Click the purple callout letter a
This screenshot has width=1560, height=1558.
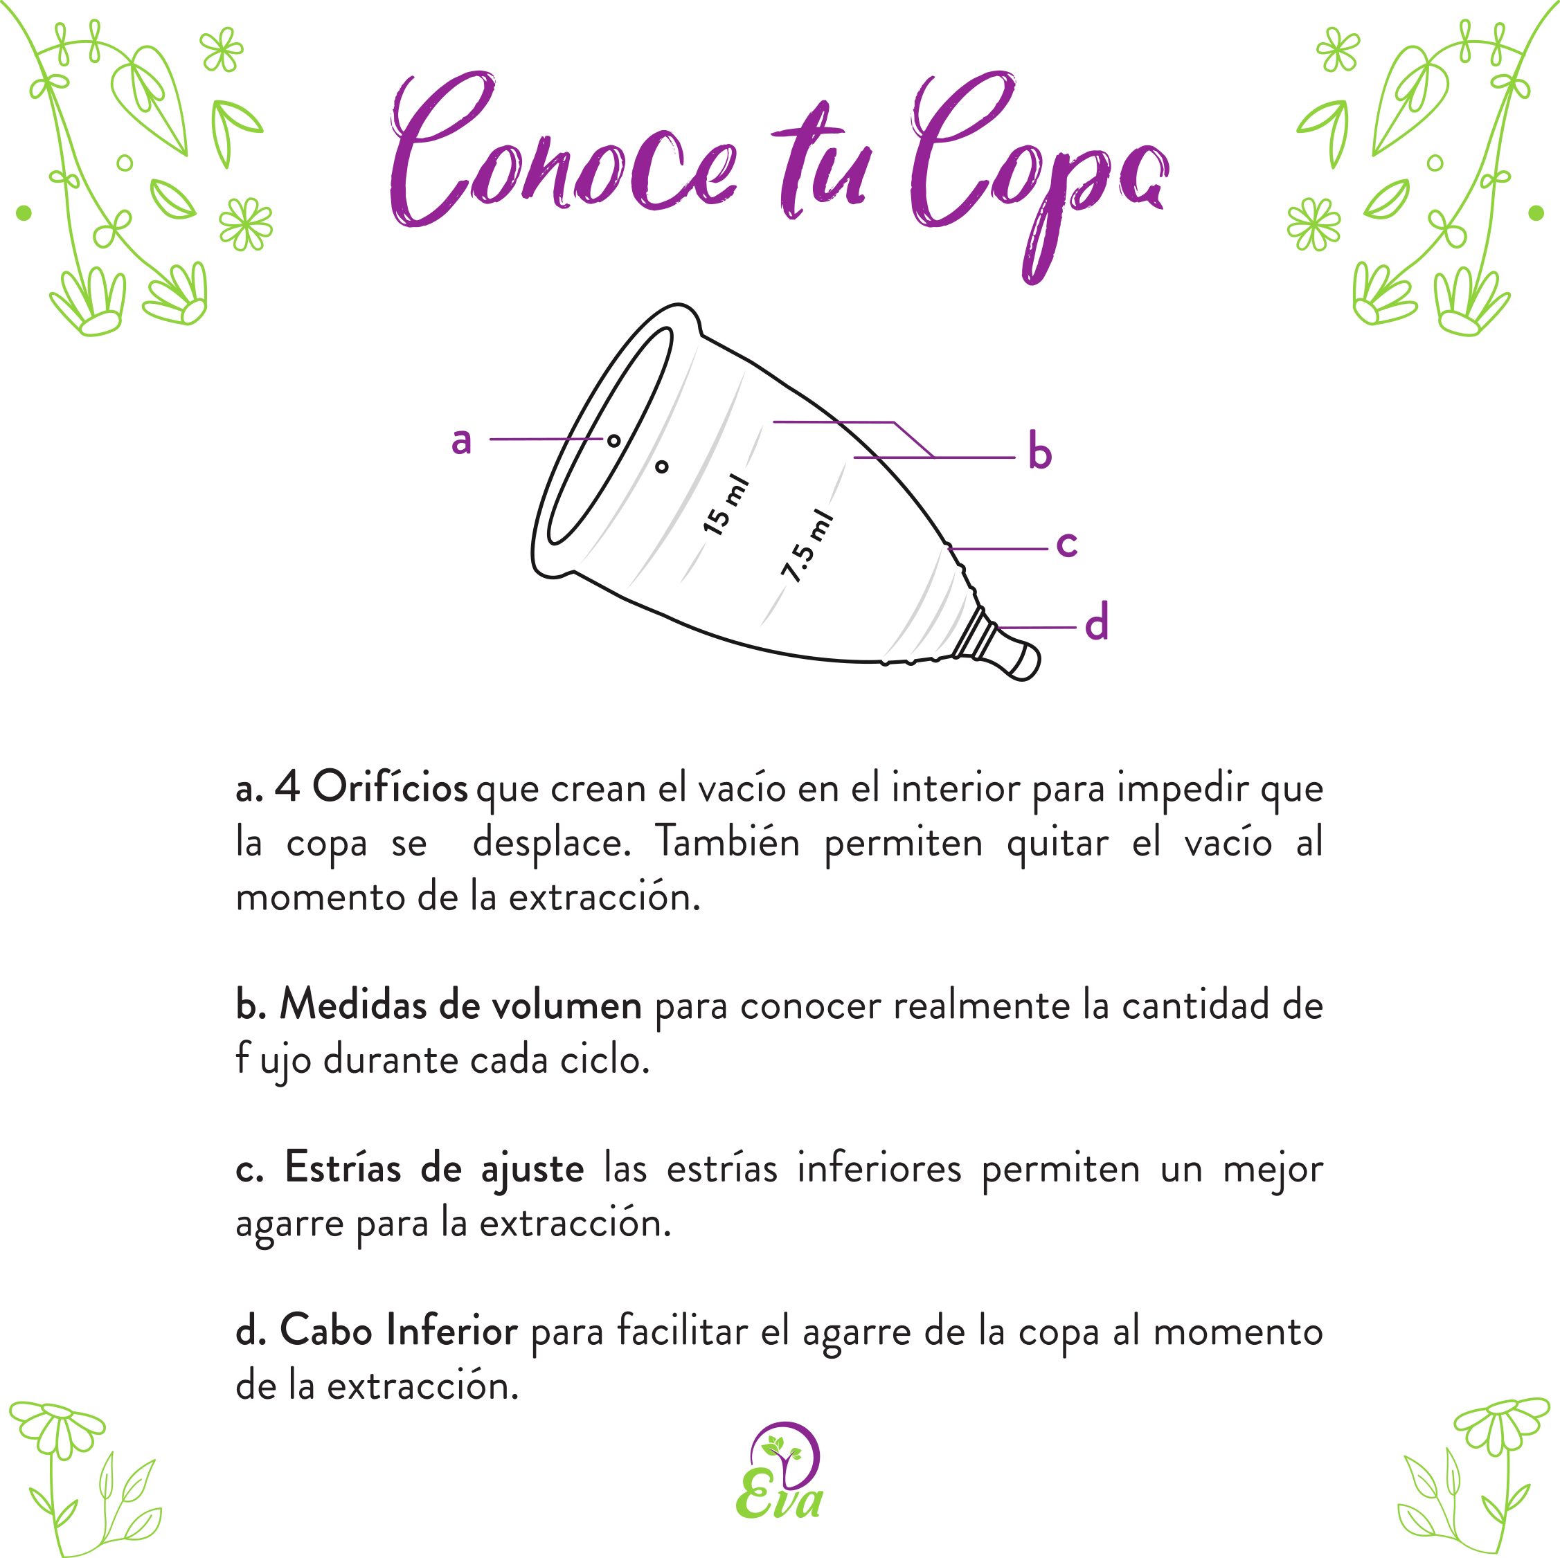[461, 442]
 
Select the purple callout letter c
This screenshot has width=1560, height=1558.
[1066, 544]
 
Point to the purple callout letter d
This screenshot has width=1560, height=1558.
[1095, 622]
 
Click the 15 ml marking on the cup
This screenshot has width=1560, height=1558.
[726, 505]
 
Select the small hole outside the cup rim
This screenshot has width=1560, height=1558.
[662, 467]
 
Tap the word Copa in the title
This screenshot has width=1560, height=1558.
[1038, 161]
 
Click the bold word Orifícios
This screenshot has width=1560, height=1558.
[390, 787]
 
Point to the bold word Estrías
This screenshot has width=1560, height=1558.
[342, 1168]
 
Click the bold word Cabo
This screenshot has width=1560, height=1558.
[325, 1331]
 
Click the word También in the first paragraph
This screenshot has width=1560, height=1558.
[727, 842]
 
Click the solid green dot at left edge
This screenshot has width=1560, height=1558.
[24, 213]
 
